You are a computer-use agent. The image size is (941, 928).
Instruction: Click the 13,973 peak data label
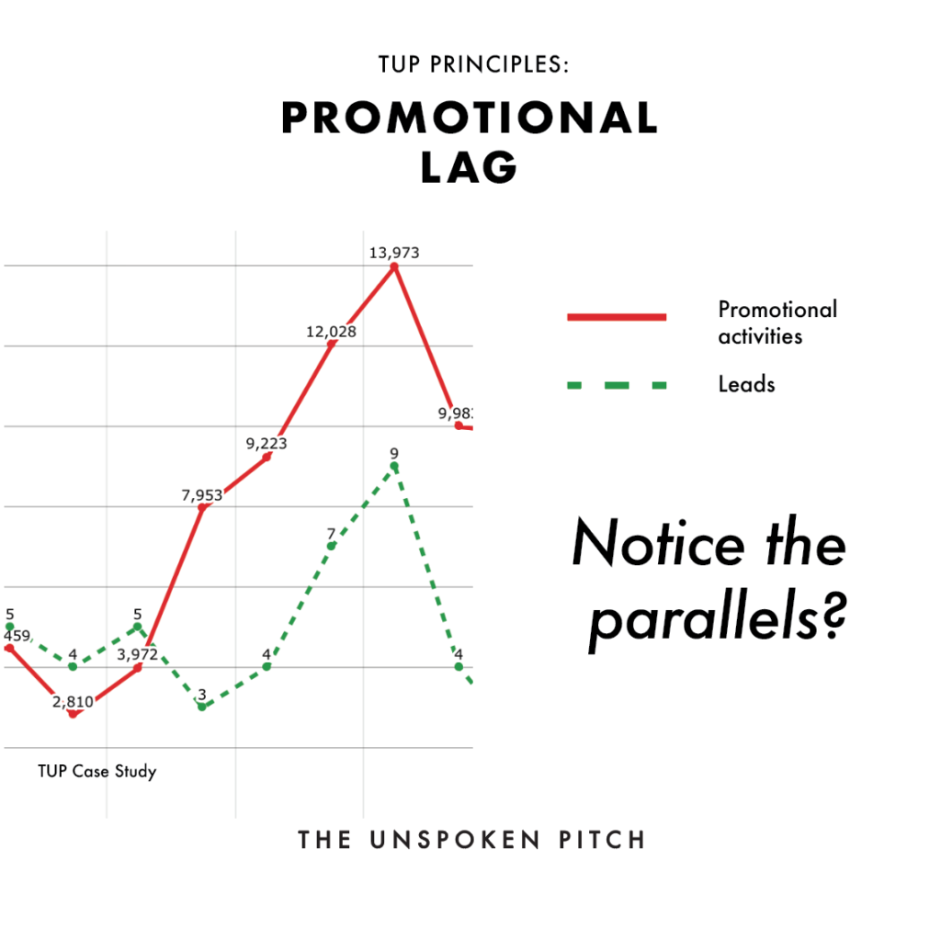[x=393, y=253]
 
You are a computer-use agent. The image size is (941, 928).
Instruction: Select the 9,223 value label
[x=266, y=443]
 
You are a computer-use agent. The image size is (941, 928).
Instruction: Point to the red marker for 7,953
[x=202, y=508]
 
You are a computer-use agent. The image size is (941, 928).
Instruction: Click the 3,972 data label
[x=138, y=654]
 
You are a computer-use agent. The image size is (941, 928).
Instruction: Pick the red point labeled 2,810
[x=73, y=714]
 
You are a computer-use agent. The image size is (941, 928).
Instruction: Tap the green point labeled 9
[x=394, y=466]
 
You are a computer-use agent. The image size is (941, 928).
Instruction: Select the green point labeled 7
[x=331, y=546]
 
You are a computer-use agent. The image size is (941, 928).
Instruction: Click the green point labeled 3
[x=202, y=707]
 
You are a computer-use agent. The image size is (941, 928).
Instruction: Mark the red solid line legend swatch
[x=617, y=317]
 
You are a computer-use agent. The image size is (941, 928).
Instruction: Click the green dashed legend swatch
[x=617, y=385]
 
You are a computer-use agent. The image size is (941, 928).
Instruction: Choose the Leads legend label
[x=746, y=384]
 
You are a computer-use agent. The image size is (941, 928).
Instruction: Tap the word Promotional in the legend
[x=777, y=310]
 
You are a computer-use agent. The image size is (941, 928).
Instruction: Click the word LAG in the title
[x=469, y=167]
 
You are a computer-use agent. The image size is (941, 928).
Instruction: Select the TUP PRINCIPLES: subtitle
[x=473, y=64]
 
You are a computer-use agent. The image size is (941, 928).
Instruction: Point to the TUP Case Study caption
[x=97, y=772]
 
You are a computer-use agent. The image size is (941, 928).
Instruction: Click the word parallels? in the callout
[x=718, y=618]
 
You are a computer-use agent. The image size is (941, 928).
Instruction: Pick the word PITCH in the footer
[x=602, y=840]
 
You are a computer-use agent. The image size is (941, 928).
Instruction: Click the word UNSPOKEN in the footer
[x=455, y=840]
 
